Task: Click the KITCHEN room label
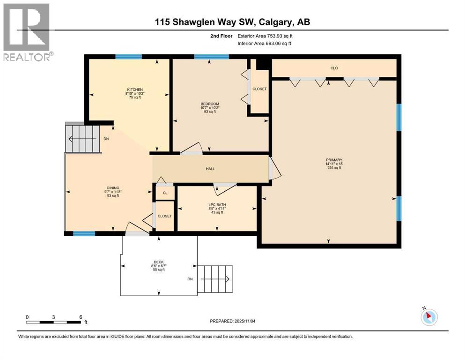point(134,90)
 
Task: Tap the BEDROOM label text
point(210,104)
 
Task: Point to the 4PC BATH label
point(215,204)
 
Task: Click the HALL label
point(210,169)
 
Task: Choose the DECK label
point(159,262)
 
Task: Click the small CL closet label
point(165,193)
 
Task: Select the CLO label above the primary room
point(334,68)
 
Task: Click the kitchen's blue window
point(128,57)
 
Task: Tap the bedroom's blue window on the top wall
point(211,57)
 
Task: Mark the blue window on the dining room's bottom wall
point(84,233)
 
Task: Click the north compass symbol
point(428,317)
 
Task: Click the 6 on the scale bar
point(81,317)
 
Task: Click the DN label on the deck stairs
point(190,279)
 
